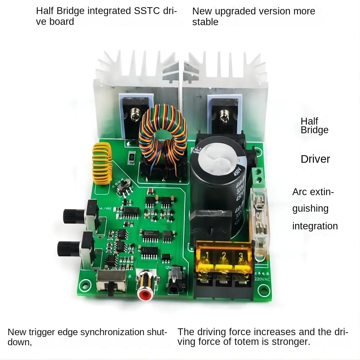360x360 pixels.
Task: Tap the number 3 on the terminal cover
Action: coord(238,256)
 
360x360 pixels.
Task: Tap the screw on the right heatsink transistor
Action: coord(224,117)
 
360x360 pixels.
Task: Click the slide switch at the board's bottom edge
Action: coord(112,283)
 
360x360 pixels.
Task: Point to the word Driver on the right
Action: coord(315,159)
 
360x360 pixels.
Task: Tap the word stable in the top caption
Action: coord(205,22)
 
